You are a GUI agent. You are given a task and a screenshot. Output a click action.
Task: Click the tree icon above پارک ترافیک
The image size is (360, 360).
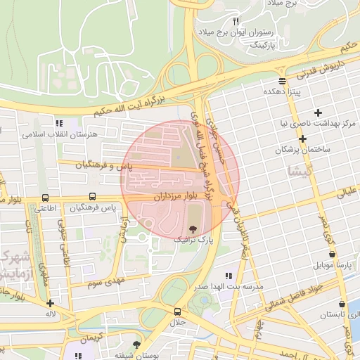193,229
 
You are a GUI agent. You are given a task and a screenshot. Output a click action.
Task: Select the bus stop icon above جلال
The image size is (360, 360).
176,311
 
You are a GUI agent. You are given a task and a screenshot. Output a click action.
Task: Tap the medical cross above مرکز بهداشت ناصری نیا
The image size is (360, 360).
319,112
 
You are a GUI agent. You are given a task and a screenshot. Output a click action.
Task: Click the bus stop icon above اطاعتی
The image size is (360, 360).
46,198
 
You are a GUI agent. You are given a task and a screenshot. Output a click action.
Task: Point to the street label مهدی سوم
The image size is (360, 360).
105,282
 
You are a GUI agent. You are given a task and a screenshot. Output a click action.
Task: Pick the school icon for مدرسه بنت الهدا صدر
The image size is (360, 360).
227,276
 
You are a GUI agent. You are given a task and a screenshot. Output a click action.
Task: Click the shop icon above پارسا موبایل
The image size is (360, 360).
332,255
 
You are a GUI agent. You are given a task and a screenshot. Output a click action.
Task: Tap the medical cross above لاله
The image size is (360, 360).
50,304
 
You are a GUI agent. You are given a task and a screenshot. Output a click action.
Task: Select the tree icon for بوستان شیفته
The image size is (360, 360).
136,345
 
